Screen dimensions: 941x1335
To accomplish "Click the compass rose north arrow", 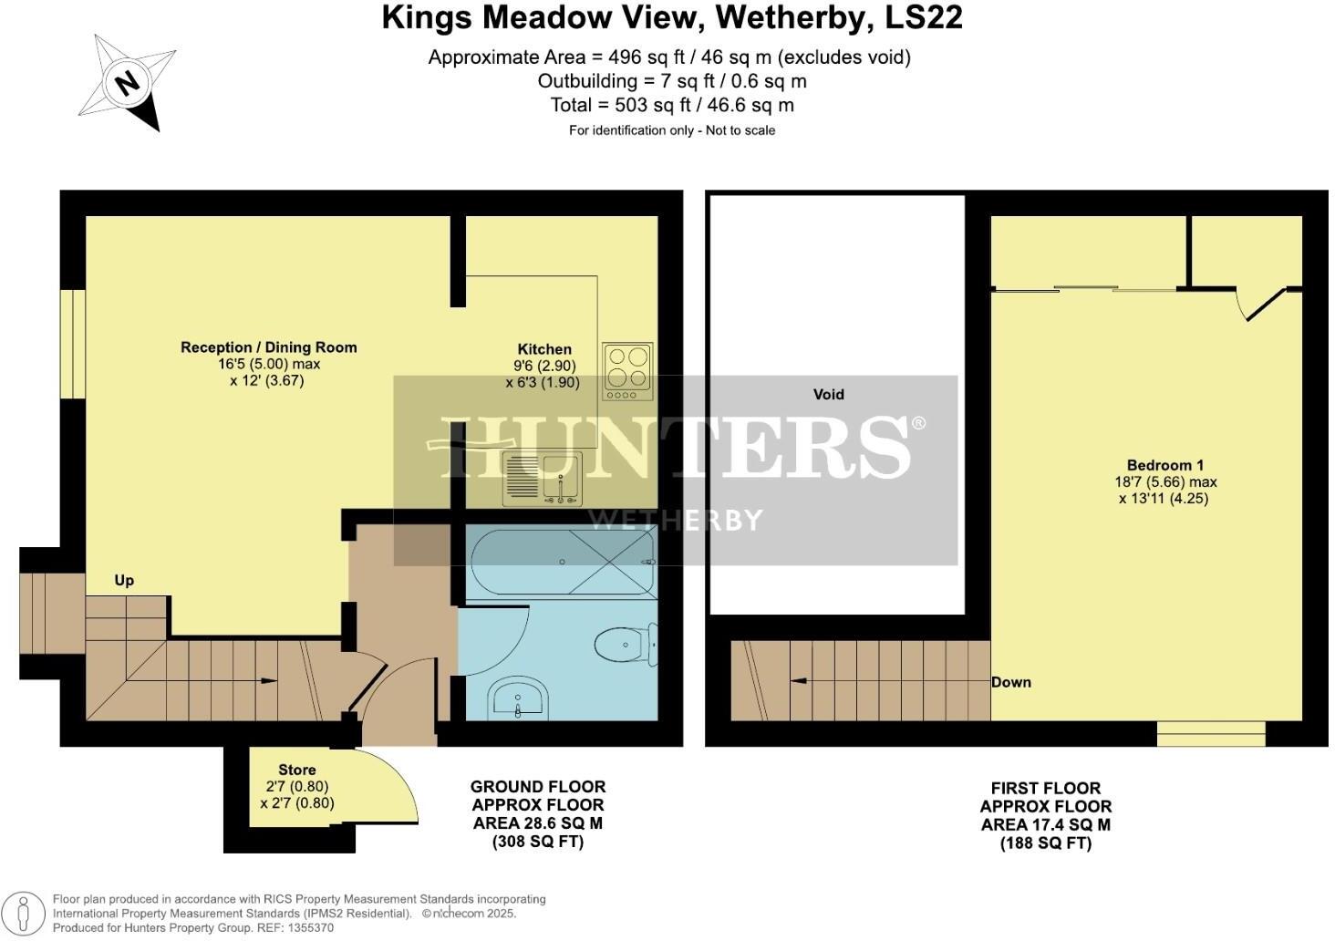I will (x=128, y=83).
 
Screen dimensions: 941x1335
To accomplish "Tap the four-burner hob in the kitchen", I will (x=627, y=371).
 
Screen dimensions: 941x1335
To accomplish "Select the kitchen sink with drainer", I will (x=541, y=478).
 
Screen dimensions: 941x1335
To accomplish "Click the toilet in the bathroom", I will (x=627, y=645).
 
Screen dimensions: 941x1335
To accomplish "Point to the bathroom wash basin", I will (x=517, y=700).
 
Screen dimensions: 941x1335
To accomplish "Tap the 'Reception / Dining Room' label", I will (x=268, y=347).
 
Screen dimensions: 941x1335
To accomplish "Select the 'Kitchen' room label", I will (x=544, y=349).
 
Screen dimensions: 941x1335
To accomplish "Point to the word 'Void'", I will (x=828, y=394).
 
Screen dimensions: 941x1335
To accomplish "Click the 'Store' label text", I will (x=296, y=770).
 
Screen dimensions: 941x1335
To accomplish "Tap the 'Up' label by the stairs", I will (x=124, y=580).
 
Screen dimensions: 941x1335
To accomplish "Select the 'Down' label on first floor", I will (x=1011, y=682).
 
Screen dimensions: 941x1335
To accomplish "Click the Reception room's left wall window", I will (x=73, y=345).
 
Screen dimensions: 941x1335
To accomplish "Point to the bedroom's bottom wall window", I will (x=1211, y=733).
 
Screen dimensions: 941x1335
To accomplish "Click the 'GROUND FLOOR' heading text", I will (x=537, y=786).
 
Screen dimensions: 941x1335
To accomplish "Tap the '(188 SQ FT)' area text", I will (x=1045, y=843).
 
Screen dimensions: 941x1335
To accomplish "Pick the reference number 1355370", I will (x=309, y=927).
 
